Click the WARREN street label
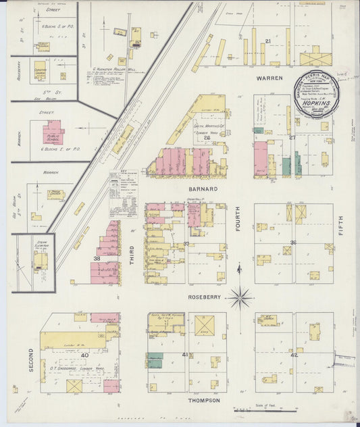point(268,78)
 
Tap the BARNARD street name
point(203,189)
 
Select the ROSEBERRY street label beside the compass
point(203,295)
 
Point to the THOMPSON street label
point(203,400)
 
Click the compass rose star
point(240,297)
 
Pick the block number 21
point(268,42)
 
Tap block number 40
point(84,354)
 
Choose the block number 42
point(294,355)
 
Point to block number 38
point(97,258)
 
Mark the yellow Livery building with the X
point(204,326)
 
